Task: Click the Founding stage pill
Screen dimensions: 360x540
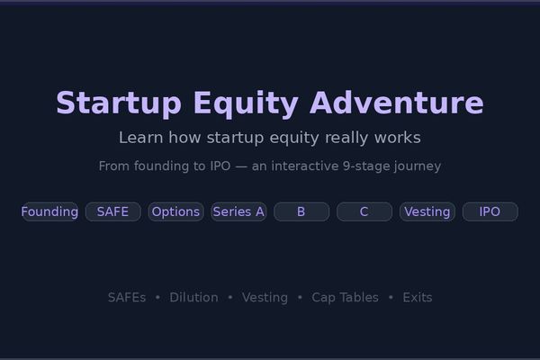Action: (49, 211)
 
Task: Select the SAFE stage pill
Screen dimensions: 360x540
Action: (112, 211)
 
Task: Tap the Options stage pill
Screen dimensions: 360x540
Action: (175, 211)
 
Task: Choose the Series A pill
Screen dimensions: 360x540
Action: (238, 211)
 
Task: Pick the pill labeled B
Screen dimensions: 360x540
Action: (301, 211)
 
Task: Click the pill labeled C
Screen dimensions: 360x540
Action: (364, 211)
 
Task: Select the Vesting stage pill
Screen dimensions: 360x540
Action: (427, 211)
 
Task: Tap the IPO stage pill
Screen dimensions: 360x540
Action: (490, 211)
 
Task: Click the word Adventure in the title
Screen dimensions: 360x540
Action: (396, 103)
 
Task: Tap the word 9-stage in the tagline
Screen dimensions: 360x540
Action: (370, 166)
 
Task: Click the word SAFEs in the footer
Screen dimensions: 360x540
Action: (126, 297)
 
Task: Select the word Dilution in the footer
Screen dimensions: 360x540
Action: (193, 297)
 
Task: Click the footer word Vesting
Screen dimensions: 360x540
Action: (265, 297)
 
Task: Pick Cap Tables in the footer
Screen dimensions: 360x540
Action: (345, 297)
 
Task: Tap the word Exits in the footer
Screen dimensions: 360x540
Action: (417, 297)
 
